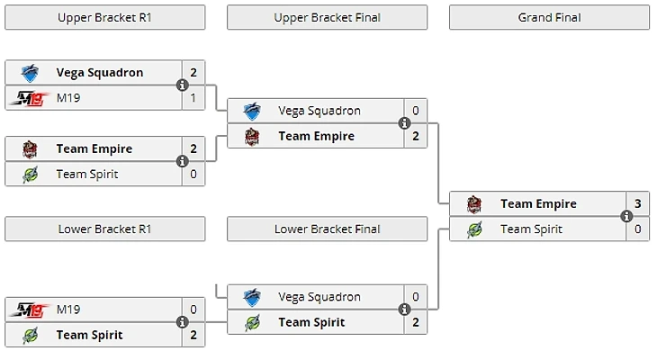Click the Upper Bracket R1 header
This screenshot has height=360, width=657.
click(104, 17)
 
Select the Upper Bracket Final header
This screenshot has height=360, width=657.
click(327, 17)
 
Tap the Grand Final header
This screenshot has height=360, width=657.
click(549, 17)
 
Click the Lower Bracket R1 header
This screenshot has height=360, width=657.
click(104, 229)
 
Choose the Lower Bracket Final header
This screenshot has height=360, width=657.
click(327, 229)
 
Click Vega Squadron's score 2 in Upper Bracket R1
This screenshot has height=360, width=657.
click(193, 73)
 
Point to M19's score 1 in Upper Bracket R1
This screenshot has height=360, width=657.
click(193, 98)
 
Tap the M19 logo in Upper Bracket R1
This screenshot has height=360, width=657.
click(29, 98)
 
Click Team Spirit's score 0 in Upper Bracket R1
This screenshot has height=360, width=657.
click(193, 174)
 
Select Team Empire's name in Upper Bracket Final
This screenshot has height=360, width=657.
click(315, 136)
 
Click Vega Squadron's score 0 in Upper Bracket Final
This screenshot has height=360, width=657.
click(416, 111)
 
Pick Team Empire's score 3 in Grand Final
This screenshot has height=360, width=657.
click(637, 203)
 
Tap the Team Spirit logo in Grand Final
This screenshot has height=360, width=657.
click(474, 229)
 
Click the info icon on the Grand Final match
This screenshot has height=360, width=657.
click(626, 216)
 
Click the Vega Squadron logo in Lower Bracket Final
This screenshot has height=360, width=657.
click(252, 296)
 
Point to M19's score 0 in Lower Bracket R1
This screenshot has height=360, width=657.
click(193, 310)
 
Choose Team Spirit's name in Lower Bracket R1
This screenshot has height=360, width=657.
click(89, 335)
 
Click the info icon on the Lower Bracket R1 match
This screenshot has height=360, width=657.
click(183, 322)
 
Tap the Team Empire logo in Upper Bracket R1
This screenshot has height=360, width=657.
click(30, 148)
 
